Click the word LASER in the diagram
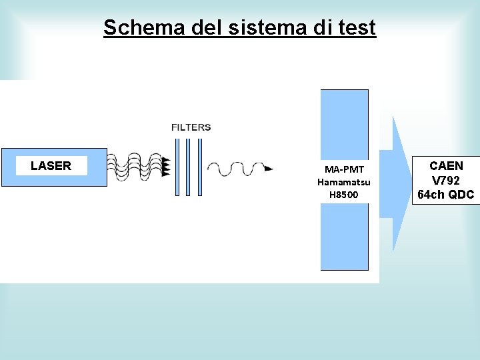(51, 166)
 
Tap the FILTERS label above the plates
(191, 127)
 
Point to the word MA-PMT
(344, 169)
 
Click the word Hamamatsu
(344, 182)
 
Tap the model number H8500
(344, 195)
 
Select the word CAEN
(446, 165)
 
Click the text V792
(446, 180)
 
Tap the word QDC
(461, 195)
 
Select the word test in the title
(356, 28)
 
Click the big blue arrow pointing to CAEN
(399, 183)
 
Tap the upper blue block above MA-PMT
(344, 123)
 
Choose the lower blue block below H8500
(344, 237)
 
